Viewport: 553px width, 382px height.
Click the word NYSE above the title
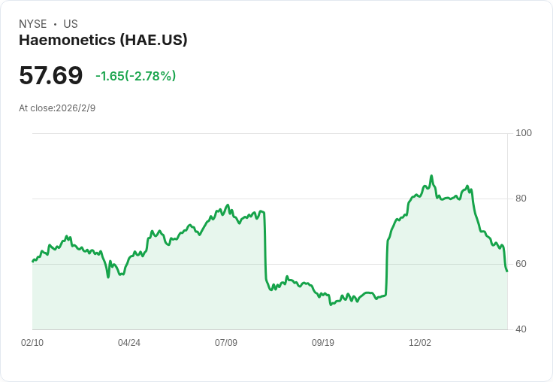click(x=33, y=24)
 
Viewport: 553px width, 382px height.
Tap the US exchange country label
click(x=71, y=24)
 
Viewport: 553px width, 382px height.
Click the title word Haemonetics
click(x=67, y=40)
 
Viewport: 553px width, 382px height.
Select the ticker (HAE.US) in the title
click(x=153, y=40)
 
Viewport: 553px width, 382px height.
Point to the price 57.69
click(x=51, y=75)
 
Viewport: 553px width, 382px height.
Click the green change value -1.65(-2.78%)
click(x=136, y=76)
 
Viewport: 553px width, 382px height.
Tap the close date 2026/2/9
click(x=75, y=108)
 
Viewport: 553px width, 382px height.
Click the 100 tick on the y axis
click(x=524, y=133)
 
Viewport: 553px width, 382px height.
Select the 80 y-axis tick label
click(x=521, y=199)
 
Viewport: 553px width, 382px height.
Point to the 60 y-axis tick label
click(x=521, y=264)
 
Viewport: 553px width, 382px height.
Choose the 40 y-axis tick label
click(x=521, y=329)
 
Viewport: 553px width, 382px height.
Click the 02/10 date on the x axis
click(x=32, y=343)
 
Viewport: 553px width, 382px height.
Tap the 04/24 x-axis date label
click(x=129, y=343)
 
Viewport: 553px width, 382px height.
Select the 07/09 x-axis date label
click(x=226, y=343)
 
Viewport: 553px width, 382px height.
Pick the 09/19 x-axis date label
click(x=322, y=343)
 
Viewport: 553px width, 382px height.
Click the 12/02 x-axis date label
click(x=420, y=343)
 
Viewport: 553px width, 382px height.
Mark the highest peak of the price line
click(x=431, y=175)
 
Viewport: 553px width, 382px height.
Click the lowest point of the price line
click(x=331, y=305)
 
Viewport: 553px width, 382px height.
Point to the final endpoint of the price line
click(x=507, y=271)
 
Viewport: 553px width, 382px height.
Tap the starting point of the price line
click(x=32, y=262)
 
